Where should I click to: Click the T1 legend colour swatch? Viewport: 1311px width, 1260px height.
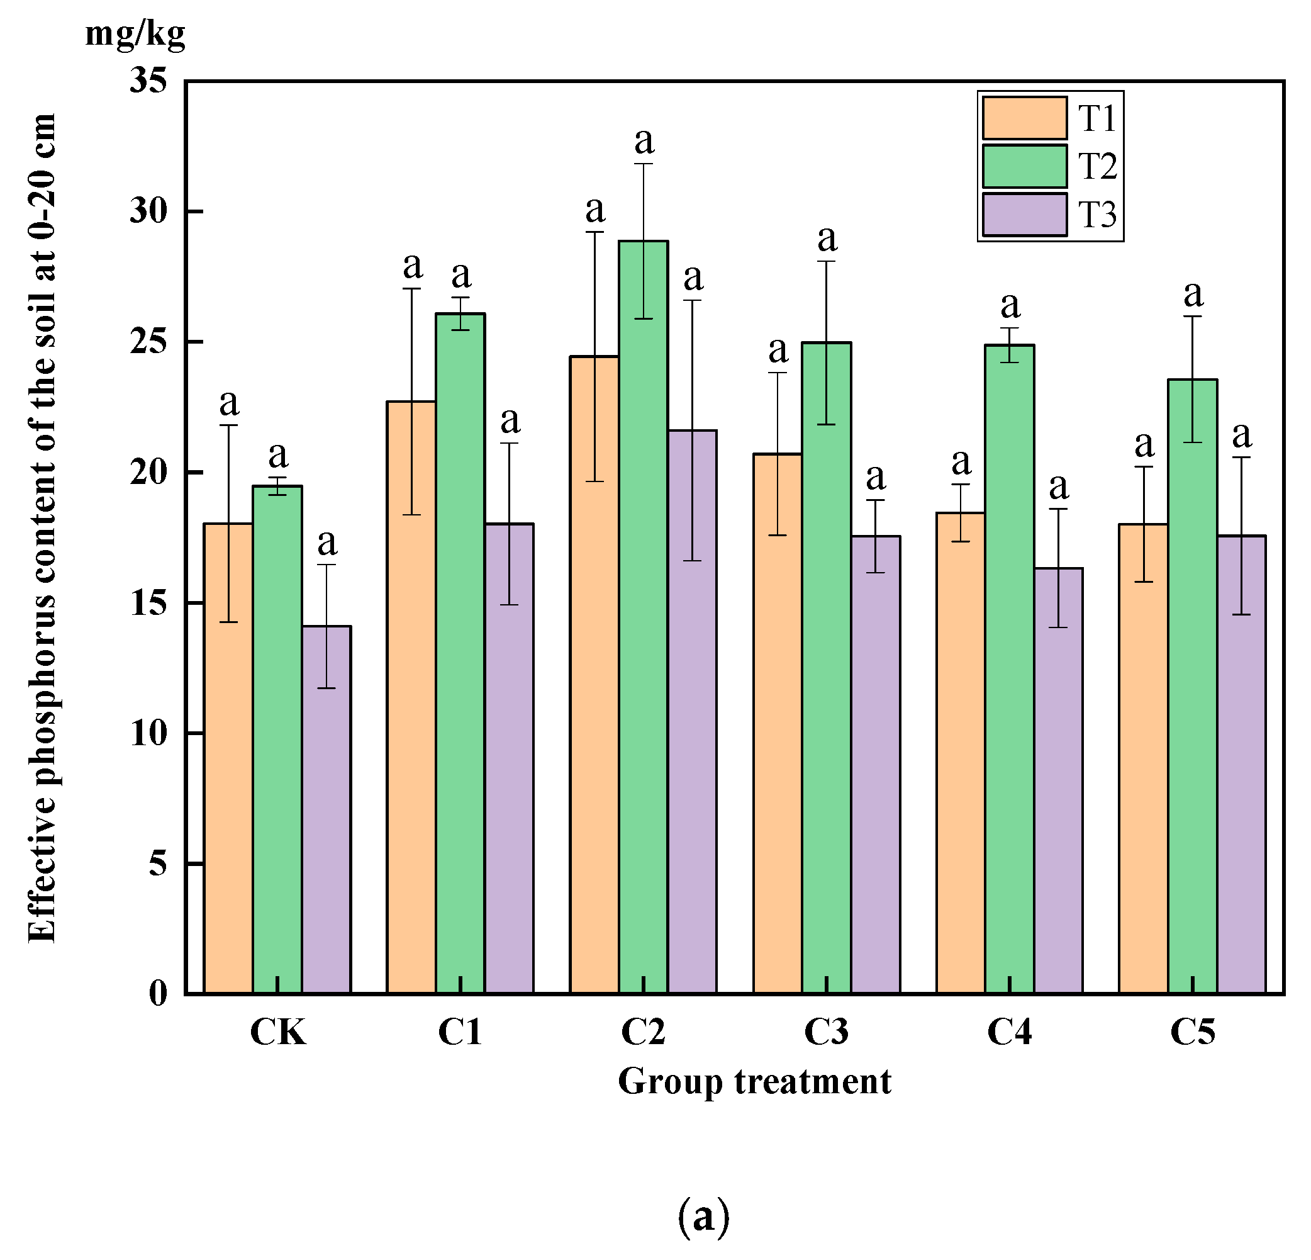click(1024, 118)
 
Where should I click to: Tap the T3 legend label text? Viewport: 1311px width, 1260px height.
click(1097, 215)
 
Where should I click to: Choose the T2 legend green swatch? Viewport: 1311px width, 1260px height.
click(1024, 166)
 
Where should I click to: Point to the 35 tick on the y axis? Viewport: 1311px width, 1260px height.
click(148, 81)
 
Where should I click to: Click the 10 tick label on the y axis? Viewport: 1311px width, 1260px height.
click(148, 733)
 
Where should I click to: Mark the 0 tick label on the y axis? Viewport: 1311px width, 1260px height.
click(157, 993)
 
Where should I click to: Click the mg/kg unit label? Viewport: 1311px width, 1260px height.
click(135, 33)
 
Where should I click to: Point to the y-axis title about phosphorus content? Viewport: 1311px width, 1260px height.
click(42, 529)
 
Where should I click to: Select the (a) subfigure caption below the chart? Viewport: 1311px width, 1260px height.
click(702, 1217)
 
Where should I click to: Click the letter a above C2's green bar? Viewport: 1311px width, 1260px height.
click(644, 141)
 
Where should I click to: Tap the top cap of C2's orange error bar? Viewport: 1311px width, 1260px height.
click(594, 232)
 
